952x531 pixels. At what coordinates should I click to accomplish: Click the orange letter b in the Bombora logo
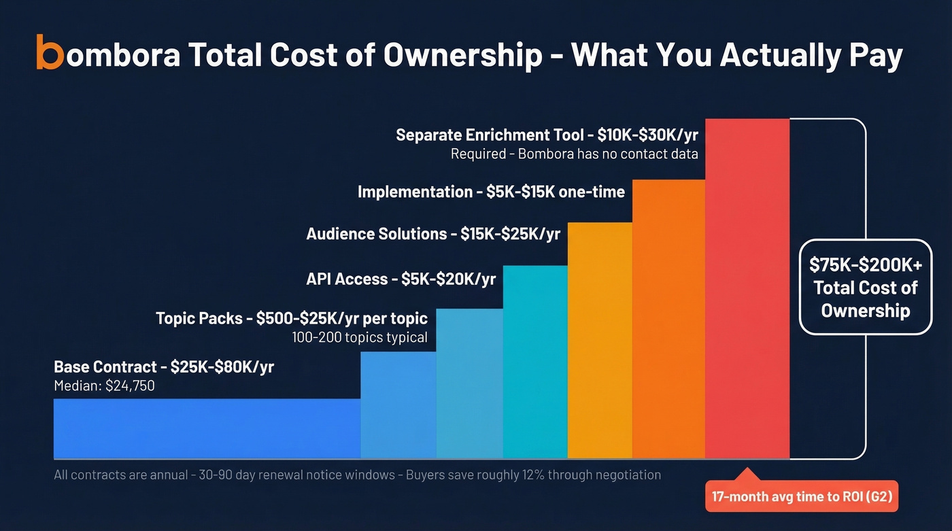click(49, 52)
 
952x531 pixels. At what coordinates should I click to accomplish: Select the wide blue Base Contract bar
click(207, 428)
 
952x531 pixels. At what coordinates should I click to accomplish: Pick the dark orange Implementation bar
click(668, 320)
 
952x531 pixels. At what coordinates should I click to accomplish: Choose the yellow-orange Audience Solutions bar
click(600, 340)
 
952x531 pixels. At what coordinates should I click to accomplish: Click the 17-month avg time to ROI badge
click(804, 497)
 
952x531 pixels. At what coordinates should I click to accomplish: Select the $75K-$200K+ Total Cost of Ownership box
click(865, 287)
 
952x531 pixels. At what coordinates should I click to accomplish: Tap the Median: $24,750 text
click(104, 386)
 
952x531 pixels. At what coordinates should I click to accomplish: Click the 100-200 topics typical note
click(360, 337)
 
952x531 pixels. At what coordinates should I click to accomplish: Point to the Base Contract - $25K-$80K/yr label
click(164, 367)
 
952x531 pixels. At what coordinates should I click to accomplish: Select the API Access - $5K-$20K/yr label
click(401, 279)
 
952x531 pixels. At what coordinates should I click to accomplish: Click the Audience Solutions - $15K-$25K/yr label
click(433, 234)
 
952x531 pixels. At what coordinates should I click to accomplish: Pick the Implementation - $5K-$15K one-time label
click(491, 192)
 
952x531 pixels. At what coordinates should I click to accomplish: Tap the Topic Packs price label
click(292, 318)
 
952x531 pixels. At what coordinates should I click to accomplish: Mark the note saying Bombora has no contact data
click(574, 154)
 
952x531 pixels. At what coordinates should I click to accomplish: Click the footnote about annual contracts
click(357, 475)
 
